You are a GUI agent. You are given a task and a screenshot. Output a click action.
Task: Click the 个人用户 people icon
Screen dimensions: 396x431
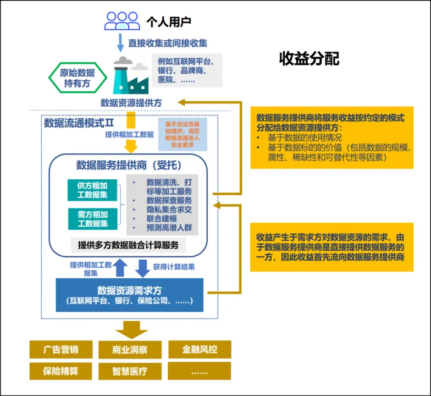tap(122, 21)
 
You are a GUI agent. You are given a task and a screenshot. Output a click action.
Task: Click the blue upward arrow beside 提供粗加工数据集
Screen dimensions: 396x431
tap(120, 267)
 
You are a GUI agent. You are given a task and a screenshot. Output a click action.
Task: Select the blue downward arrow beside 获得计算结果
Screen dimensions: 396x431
tap(142, 268)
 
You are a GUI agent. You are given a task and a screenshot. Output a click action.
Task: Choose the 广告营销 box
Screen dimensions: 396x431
tap(60, 350)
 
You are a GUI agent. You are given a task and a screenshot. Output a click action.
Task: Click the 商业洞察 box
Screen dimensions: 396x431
tap(130, 350)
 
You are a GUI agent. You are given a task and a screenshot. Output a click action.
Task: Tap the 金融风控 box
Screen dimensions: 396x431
tap(199, 350)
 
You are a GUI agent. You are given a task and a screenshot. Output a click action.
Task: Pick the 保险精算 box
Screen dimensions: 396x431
tap(60, 371)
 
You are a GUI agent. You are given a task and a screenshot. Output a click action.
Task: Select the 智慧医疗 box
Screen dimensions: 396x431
tap(130, 371)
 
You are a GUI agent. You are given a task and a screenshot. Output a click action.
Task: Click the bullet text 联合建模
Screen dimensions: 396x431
tap(161, 218)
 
